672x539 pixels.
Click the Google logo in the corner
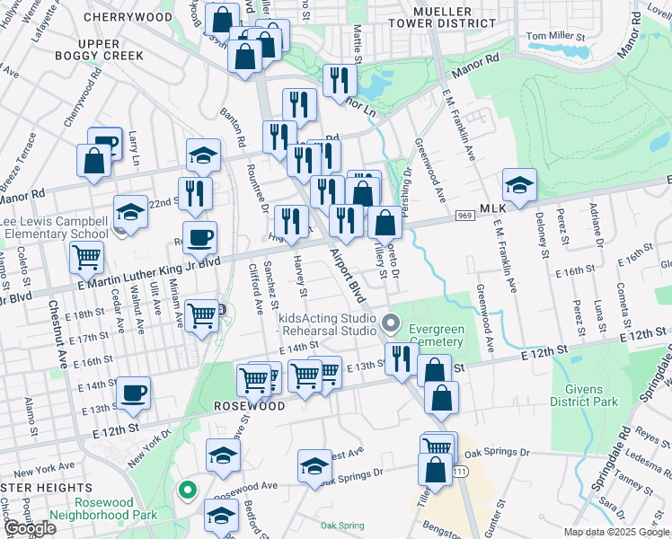[31, 528]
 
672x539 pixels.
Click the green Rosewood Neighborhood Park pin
[187, 490]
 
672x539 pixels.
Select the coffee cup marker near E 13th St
[134, 393]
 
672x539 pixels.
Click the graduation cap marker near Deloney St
[519, 185]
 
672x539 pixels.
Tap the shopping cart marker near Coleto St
[87, 258]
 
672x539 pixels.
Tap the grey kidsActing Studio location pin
[390, 322]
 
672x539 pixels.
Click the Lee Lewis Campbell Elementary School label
[57, 227]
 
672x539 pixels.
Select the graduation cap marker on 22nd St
[130, 212]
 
